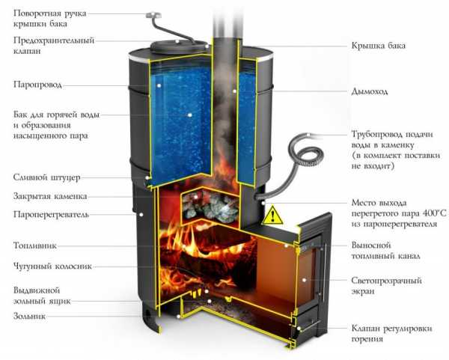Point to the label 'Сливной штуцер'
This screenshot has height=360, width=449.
[x=46, y=178]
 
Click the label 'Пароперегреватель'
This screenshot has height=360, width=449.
[x=51, y=215]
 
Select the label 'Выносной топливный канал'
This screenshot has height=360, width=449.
[x=385, y=250]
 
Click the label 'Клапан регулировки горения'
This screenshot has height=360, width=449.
[x=388, y=333]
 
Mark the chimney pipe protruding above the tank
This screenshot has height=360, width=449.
[x=223, y=19]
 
